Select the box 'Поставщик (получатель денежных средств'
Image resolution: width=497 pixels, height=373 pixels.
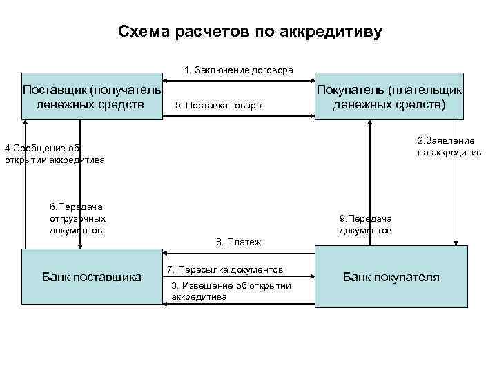92,97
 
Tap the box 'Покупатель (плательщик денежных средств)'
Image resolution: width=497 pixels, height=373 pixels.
389,97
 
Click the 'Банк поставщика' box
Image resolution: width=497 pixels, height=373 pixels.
92,277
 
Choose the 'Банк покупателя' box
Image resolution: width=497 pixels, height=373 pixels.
391,277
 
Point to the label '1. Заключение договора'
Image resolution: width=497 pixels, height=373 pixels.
239,70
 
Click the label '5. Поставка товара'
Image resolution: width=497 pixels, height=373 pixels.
219,106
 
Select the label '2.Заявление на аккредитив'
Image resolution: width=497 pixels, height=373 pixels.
449,146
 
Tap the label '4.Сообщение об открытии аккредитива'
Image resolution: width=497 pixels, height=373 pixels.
54,154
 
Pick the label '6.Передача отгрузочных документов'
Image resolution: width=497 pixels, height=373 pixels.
77,218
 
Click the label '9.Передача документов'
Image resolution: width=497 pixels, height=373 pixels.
366,224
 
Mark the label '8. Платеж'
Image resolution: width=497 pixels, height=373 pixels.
239,242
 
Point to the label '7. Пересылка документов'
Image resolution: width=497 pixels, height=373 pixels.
225,269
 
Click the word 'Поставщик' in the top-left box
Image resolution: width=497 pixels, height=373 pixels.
53,90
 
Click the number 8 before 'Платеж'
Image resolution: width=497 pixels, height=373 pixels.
219,242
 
